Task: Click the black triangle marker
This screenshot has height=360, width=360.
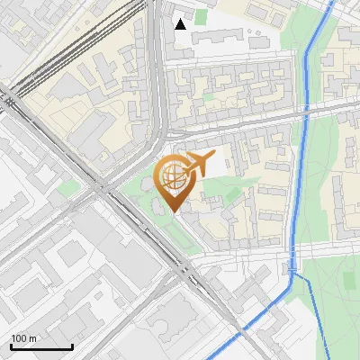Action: click(x=181, y=23)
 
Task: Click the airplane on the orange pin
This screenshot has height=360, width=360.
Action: click(x=199, y=164)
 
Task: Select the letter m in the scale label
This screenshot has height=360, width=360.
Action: click(x=33, y=338)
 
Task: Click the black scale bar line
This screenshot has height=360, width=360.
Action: click(x=41, y=346)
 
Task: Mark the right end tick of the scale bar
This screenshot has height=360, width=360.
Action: click(x=72, y=345)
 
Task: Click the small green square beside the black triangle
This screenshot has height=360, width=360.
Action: click(x=201, y=17)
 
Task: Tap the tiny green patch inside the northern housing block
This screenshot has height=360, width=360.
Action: click(x=209, y=94)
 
